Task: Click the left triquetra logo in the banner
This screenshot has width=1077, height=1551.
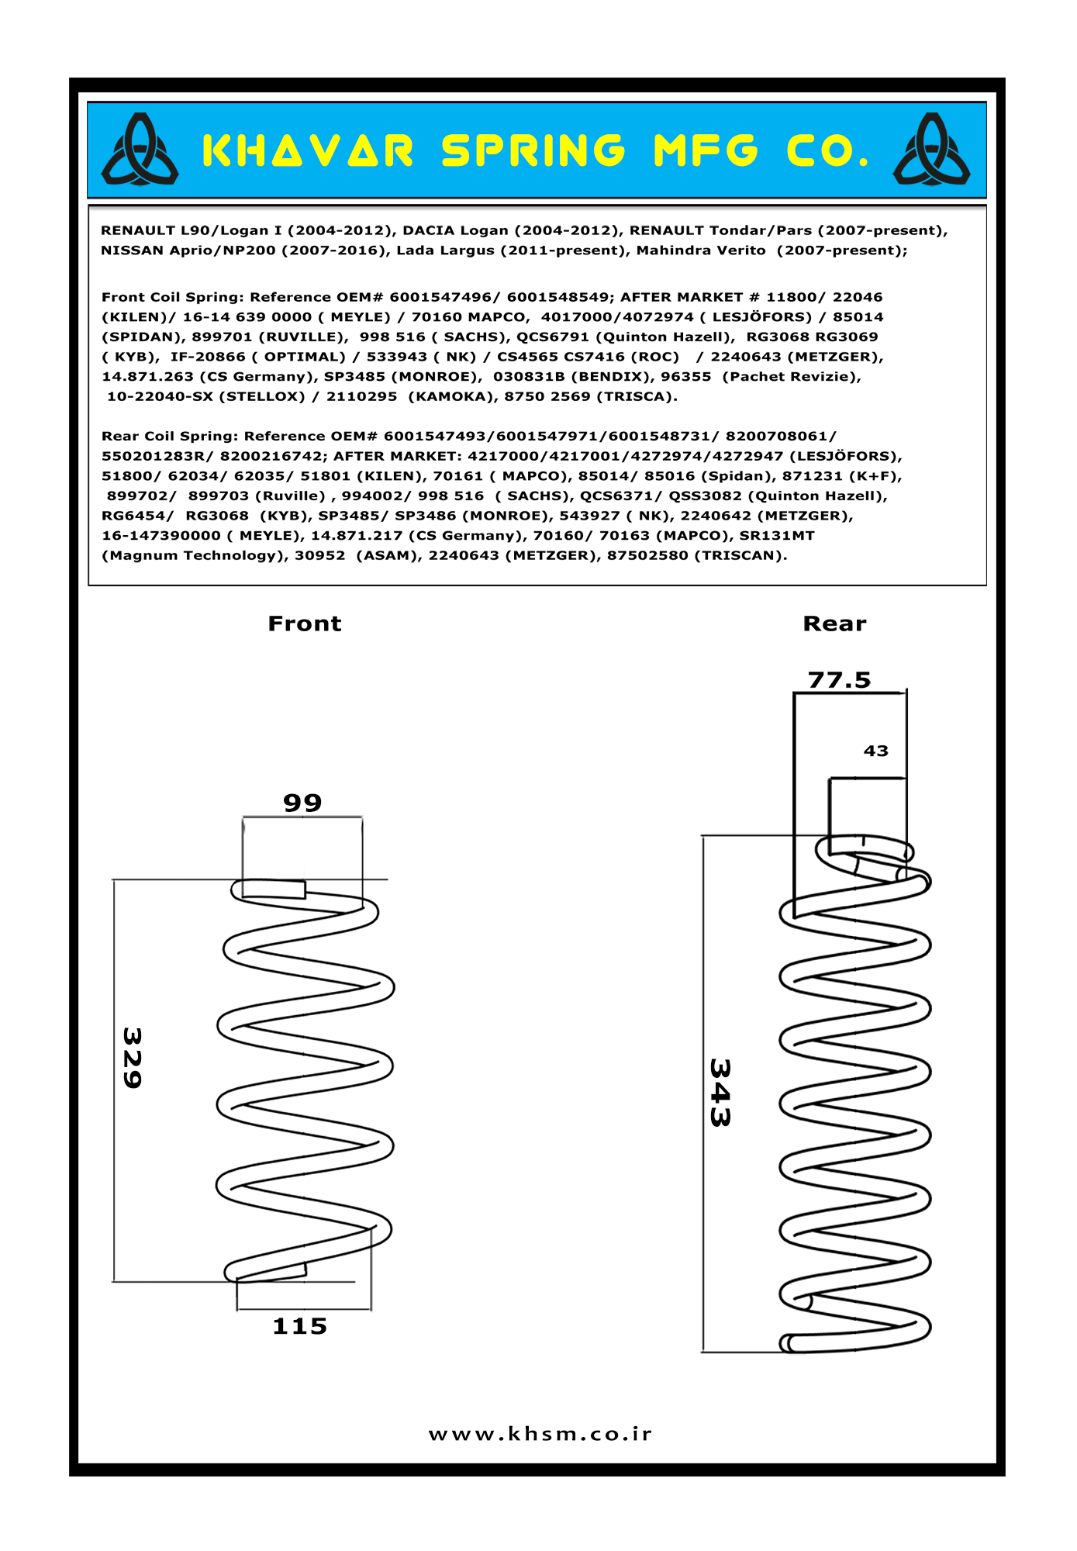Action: click(x=140, y=150)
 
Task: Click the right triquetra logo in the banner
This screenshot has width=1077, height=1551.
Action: click(x=931, y=150)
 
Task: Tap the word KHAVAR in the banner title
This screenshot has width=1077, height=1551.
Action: click(x=308, y=151)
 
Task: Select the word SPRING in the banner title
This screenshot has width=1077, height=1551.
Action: click(x=533, y=151)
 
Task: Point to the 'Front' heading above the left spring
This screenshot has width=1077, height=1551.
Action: click(x=304, y=624)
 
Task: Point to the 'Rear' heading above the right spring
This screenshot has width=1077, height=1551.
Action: click(x=834, y=624)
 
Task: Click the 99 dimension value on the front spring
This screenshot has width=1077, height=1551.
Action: click(x=302, y=803)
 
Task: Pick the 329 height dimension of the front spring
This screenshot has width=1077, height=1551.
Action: click(x=133, y=1058)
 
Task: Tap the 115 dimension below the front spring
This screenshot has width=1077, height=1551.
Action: click(x=300, y=1327)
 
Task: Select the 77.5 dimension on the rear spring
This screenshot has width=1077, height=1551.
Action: click(x=840, y=680)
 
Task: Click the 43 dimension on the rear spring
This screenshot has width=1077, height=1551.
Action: click(x=876, y=751)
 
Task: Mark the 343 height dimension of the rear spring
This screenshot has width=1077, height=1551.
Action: click(x=720, y=1093)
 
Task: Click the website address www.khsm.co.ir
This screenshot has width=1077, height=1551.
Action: click(x=540, y=1434)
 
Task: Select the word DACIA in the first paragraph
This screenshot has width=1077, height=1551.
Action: click(x=429, y=230)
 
